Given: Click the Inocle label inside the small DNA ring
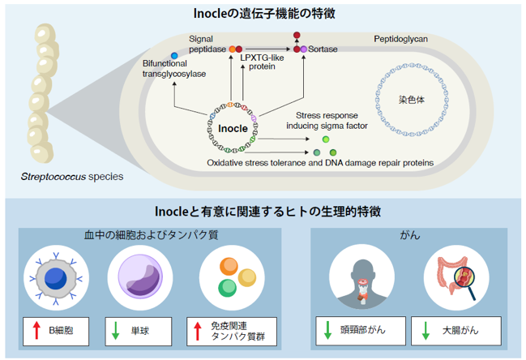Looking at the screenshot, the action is point(233,128).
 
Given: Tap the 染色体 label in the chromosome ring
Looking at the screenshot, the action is point(412,100).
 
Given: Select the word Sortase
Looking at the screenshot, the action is point(323,49).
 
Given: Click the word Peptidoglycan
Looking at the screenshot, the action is point(400,39).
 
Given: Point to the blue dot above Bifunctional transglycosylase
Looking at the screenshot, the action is point(174,56).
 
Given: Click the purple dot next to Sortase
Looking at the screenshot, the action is point(304,49).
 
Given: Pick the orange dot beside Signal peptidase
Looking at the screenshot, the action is point(232,49).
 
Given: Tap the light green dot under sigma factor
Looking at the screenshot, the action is point(325,139).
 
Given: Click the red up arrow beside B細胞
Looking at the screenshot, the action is point(36,331).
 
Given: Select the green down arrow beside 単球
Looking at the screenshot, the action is point(115,331).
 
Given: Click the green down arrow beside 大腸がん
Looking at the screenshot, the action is point(426,331).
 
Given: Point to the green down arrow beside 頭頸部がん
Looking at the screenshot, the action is point(327,331).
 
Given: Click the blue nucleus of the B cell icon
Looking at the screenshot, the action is point(56,278).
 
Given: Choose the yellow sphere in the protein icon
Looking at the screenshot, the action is point(247,277).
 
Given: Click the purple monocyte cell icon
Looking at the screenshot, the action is point(140,276).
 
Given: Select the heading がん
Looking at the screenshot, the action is point(410,235).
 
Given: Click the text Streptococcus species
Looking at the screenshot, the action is point(72,177).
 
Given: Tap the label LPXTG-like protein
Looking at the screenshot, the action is point(262,62).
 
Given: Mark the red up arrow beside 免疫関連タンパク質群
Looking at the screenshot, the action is point(198,331).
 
